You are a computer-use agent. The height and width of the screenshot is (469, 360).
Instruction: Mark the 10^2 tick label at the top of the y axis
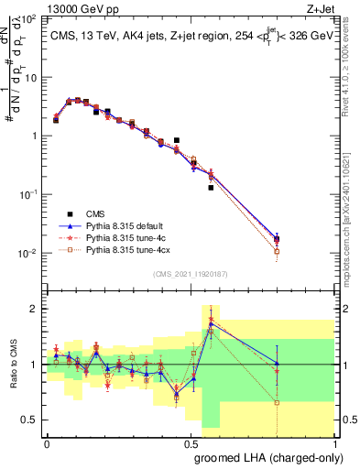pyautogui.click(x=29, y=18)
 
